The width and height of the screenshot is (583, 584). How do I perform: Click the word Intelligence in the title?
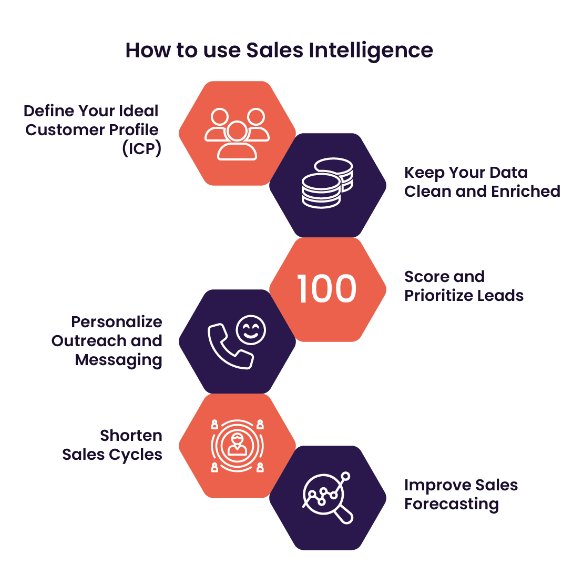tap(371, 51)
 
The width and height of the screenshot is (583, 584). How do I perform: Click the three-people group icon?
tap(237, 134)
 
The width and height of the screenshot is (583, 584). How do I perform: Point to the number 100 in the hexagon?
tap(327, 289)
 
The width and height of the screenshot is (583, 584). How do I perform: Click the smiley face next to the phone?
tap(251, 330)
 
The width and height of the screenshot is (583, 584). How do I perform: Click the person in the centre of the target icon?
tap(237, 445)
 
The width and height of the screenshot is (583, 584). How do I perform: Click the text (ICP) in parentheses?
tap(142, 149)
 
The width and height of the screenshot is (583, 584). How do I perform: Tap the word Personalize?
tap(117, 322)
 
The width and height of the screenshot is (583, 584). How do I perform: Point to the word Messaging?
tap(118, 360)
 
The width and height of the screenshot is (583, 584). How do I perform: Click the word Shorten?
tap(131, 436)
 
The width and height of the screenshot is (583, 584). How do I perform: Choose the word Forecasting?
tap(452, 505)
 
